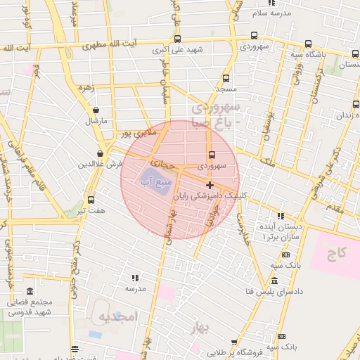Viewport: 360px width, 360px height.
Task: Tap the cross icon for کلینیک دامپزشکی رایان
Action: (x=210, y=185)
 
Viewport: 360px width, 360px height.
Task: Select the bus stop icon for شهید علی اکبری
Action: (x=176, y=39)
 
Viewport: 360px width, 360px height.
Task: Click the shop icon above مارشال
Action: (x=96, y=110)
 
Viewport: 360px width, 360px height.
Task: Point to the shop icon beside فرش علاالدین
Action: (x=101, y=153)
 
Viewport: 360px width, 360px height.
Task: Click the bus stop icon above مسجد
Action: (x=226, y=79)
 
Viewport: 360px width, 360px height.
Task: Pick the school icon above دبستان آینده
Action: (x=281, y=217)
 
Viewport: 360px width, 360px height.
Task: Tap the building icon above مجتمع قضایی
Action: (x=29, y=291)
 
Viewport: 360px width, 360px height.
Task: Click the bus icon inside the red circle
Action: (x=212, y=156)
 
